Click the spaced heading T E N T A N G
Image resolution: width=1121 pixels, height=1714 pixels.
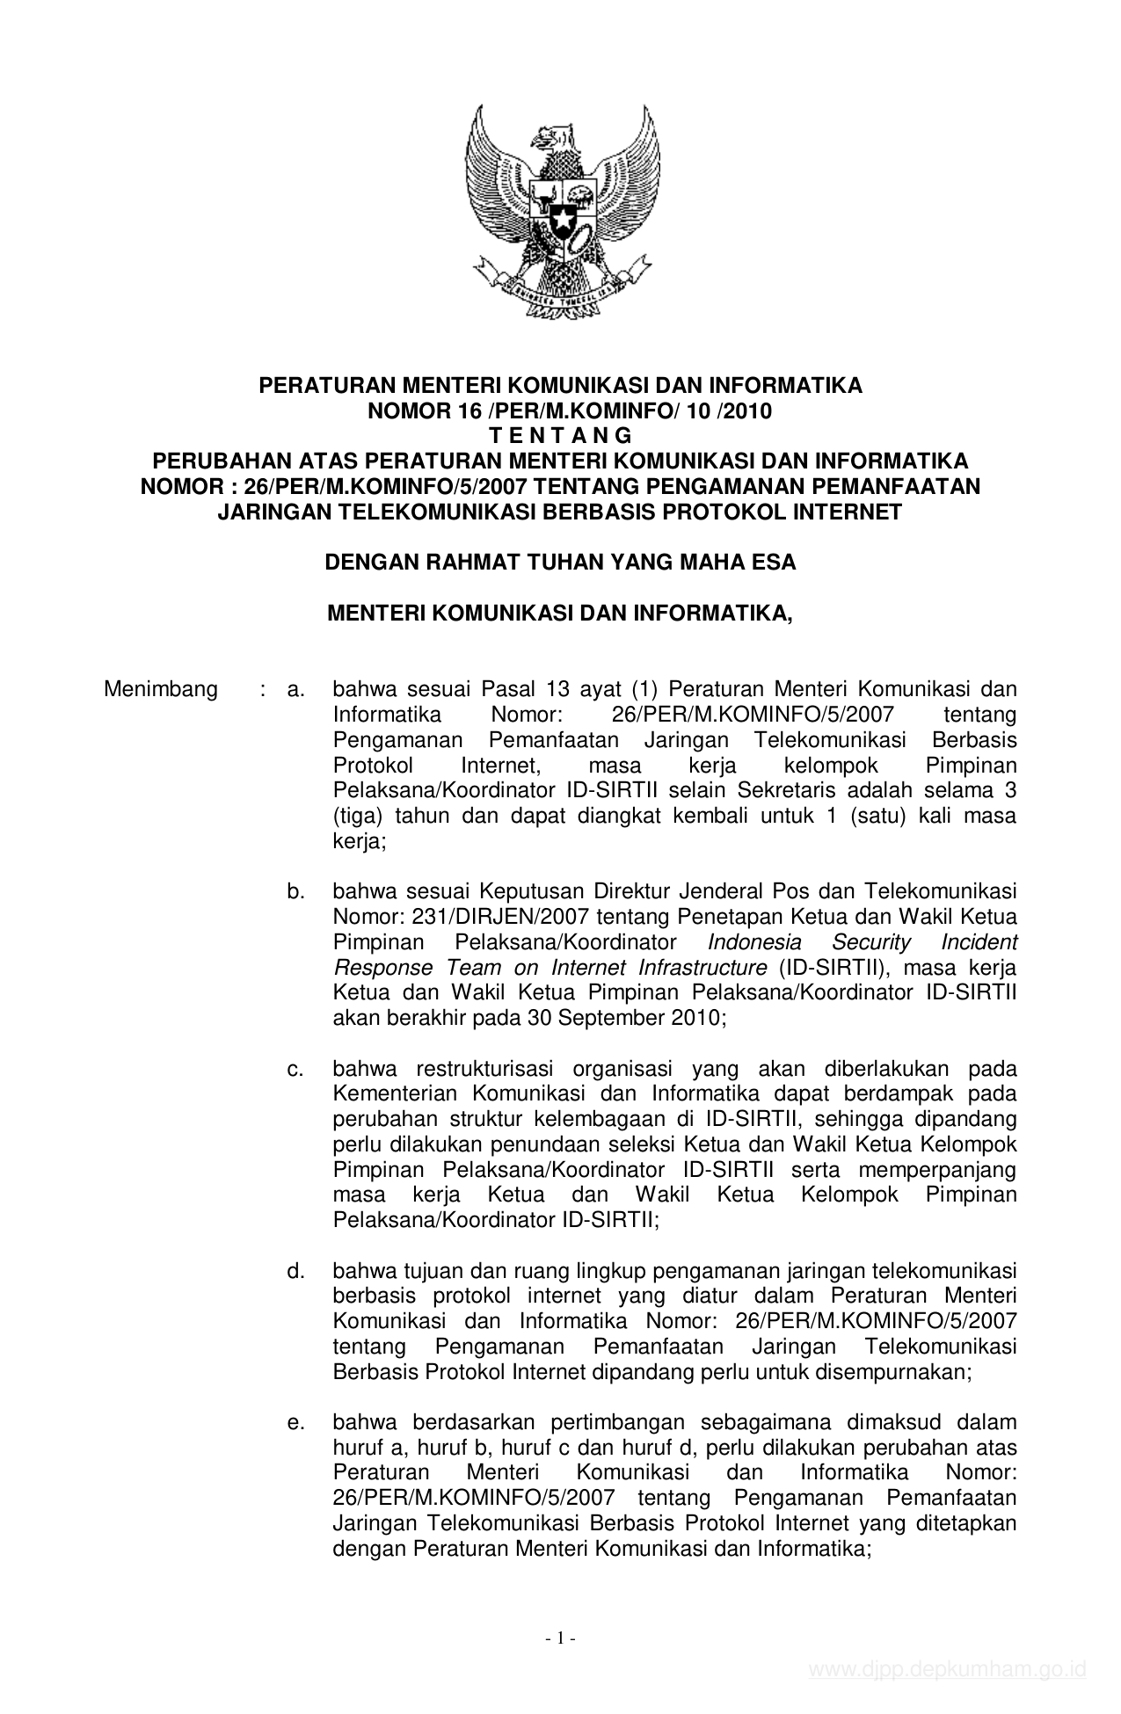pos(560,436)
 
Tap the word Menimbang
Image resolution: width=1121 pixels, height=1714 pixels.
pos(161,689)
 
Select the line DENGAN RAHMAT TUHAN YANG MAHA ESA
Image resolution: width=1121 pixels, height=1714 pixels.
pos(560,563)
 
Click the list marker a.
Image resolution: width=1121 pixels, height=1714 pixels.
pos(295,689)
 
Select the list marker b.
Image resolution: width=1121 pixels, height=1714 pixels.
pos(295,892)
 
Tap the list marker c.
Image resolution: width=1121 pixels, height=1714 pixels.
pos(295,1070)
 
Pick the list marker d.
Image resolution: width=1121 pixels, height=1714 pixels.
pos(295,1271)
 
